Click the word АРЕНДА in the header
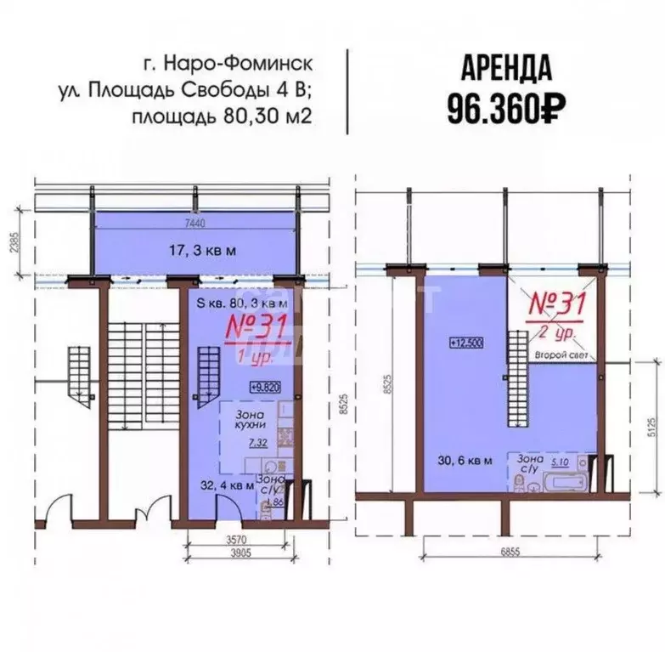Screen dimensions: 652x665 tap(506, 67)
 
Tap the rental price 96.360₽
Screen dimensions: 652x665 tap(506, 106)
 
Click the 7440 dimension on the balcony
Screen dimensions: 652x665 tap(195, 223)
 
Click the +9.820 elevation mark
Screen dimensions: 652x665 tap(266, 387)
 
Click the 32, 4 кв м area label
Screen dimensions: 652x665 tap(225, 486)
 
